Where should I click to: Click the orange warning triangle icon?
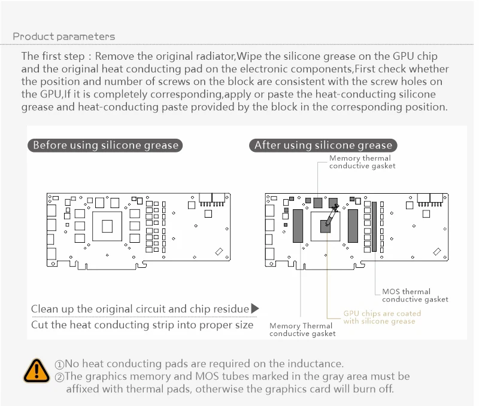tap(37, 370)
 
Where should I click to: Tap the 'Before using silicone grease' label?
tap(105, 145)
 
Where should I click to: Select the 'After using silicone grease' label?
tap(323, 145)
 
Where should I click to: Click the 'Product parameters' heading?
tap(64, 37)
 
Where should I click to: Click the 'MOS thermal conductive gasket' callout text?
tap(414, 295)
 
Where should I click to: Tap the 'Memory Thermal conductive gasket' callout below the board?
tap(302, 329)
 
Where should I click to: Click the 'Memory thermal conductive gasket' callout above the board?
tap(362, 162)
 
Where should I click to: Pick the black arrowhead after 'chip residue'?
tap(255, 309)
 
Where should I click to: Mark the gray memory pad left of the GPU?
tap(298, 225)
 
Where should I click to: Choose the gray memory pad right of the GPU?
tap(353, 225)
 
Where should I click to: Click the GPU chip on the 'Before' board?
tap(108, 226)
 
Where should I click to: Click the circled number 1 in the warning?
tap(59, 364)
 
